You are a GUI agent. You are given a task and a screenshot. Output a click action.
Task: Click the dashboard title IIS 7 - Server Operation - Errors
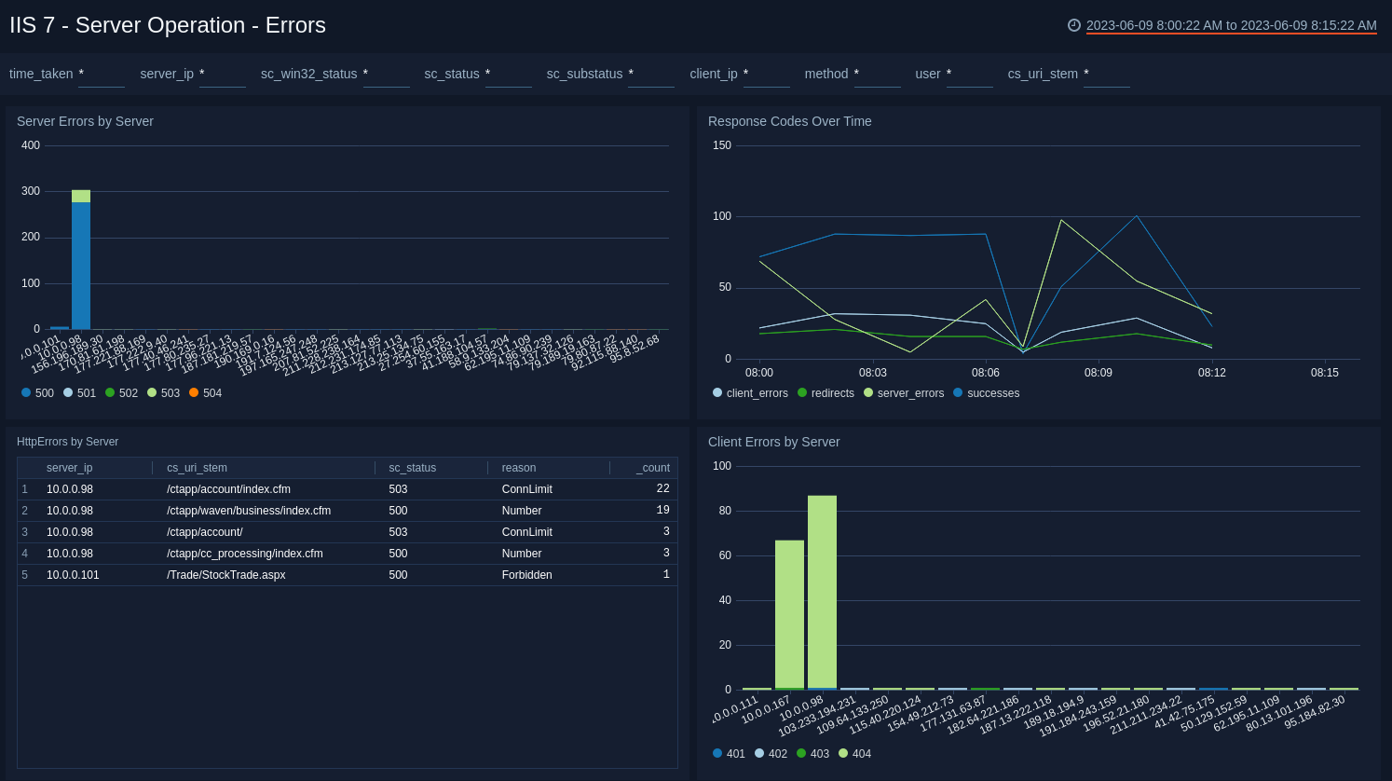168,25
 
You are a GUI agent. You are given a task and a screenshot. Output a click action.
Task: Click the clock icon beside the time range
1074,25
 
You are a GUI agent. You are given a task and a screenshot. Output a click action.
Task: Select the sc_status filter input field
508,75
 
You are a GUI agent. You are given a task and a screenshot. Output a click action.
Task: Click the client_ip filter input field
766,75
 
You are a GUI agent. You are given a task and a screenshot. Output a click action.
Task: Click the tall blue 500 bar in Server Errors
81,266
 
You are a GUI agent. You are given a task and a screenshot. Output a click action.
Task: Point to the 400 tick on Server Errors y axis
31,145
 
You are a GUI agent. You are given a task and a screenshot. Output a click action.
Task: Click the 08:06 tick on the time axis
986,373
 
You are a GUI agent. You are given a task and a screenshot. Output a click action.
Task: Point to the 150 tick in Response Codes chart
722,145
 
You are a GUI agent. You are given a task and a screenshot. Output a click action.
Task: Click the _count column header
652,468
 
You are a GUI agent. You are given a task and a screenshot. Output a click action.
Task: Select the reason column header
519,468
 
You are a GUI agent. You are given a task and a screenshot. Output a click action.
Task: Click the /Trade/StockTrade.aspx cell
226,575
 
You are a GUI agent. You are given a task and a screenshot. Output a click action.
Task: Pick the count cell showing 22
662,489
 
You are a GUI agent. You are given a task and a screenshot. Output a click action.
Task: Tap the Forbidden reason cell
527,575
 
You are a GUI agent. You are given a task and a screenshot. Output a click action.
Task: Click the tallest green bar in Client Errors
822,593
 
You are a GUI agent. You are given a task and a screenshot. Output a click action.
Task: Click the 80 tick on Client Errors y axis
725,511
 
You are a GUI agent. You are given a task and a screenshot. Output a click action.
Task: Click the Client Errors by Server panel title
773,442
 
